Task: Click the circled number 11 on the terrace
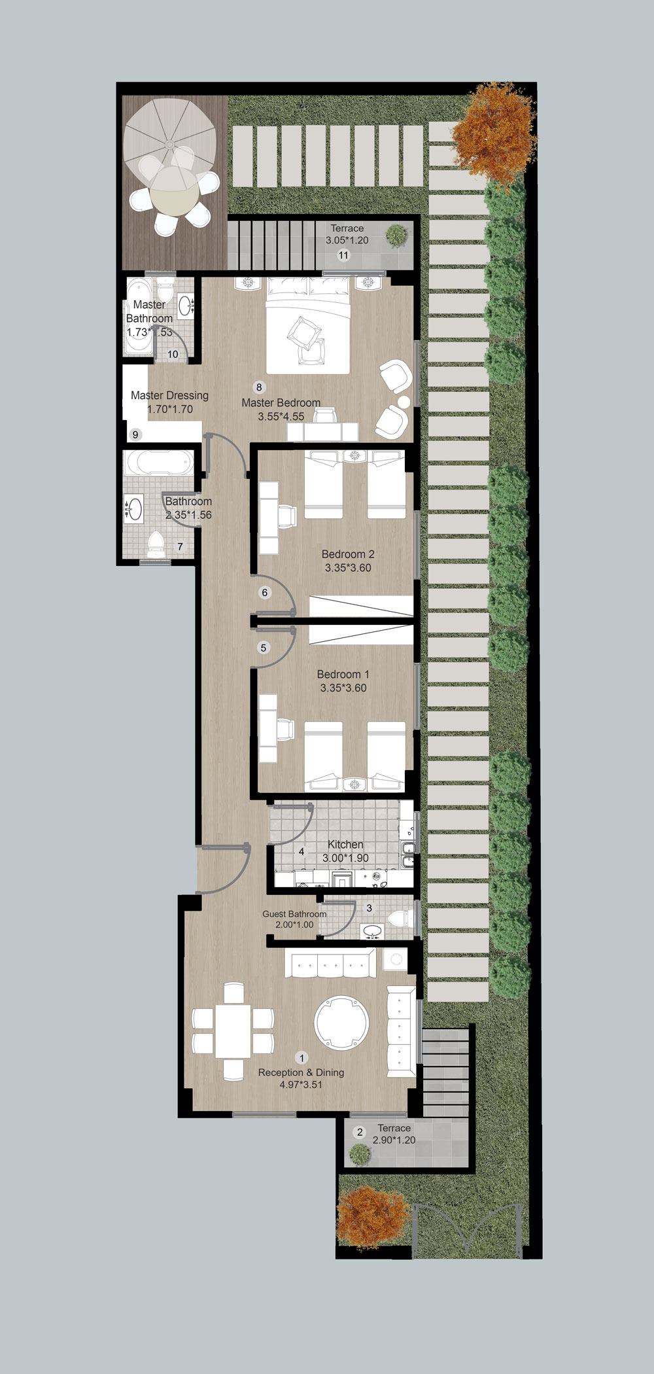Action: pyautogui.click(x=343, y=255)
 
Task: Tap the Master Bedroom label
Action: pyautogui.click(x=281, y=403)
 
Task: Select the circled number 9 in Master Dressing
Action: pyautogui.click(x=136, y=434)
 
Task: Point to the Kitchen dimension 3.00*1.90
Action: pyautogui.click(x=345, y=858)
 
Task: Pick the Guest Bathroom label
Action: pyautogui.click(x=294, y=914)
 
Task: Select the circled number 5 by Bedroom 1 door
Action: pyautogui.click(x=264, y=648)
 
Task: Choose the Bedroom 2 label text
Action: pyautogui.click(x=348, y=554)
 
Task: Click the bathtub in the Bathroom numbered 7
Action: pyautogui.click(x=159, y=463)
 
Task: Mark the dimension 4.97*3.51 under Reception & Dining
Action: pyautogui.click(x=301, y=1084)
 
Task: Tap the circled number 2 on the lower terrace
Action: pyautogui.click(x=359, y=1133)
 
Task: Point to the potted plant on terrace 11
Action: pyautogui.click(x=396, y=235)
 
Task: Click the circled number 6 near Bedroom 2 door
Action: pyautogui.click(x=265, y=593)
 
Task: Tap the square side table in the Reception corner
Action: pyautogui.click(x=395, y=959)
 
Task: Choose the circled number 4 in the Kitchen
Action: pyautogui.click(x=301, y=852)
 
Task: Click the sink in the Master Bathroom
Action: pyautogui.click(x=186, y=305)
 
